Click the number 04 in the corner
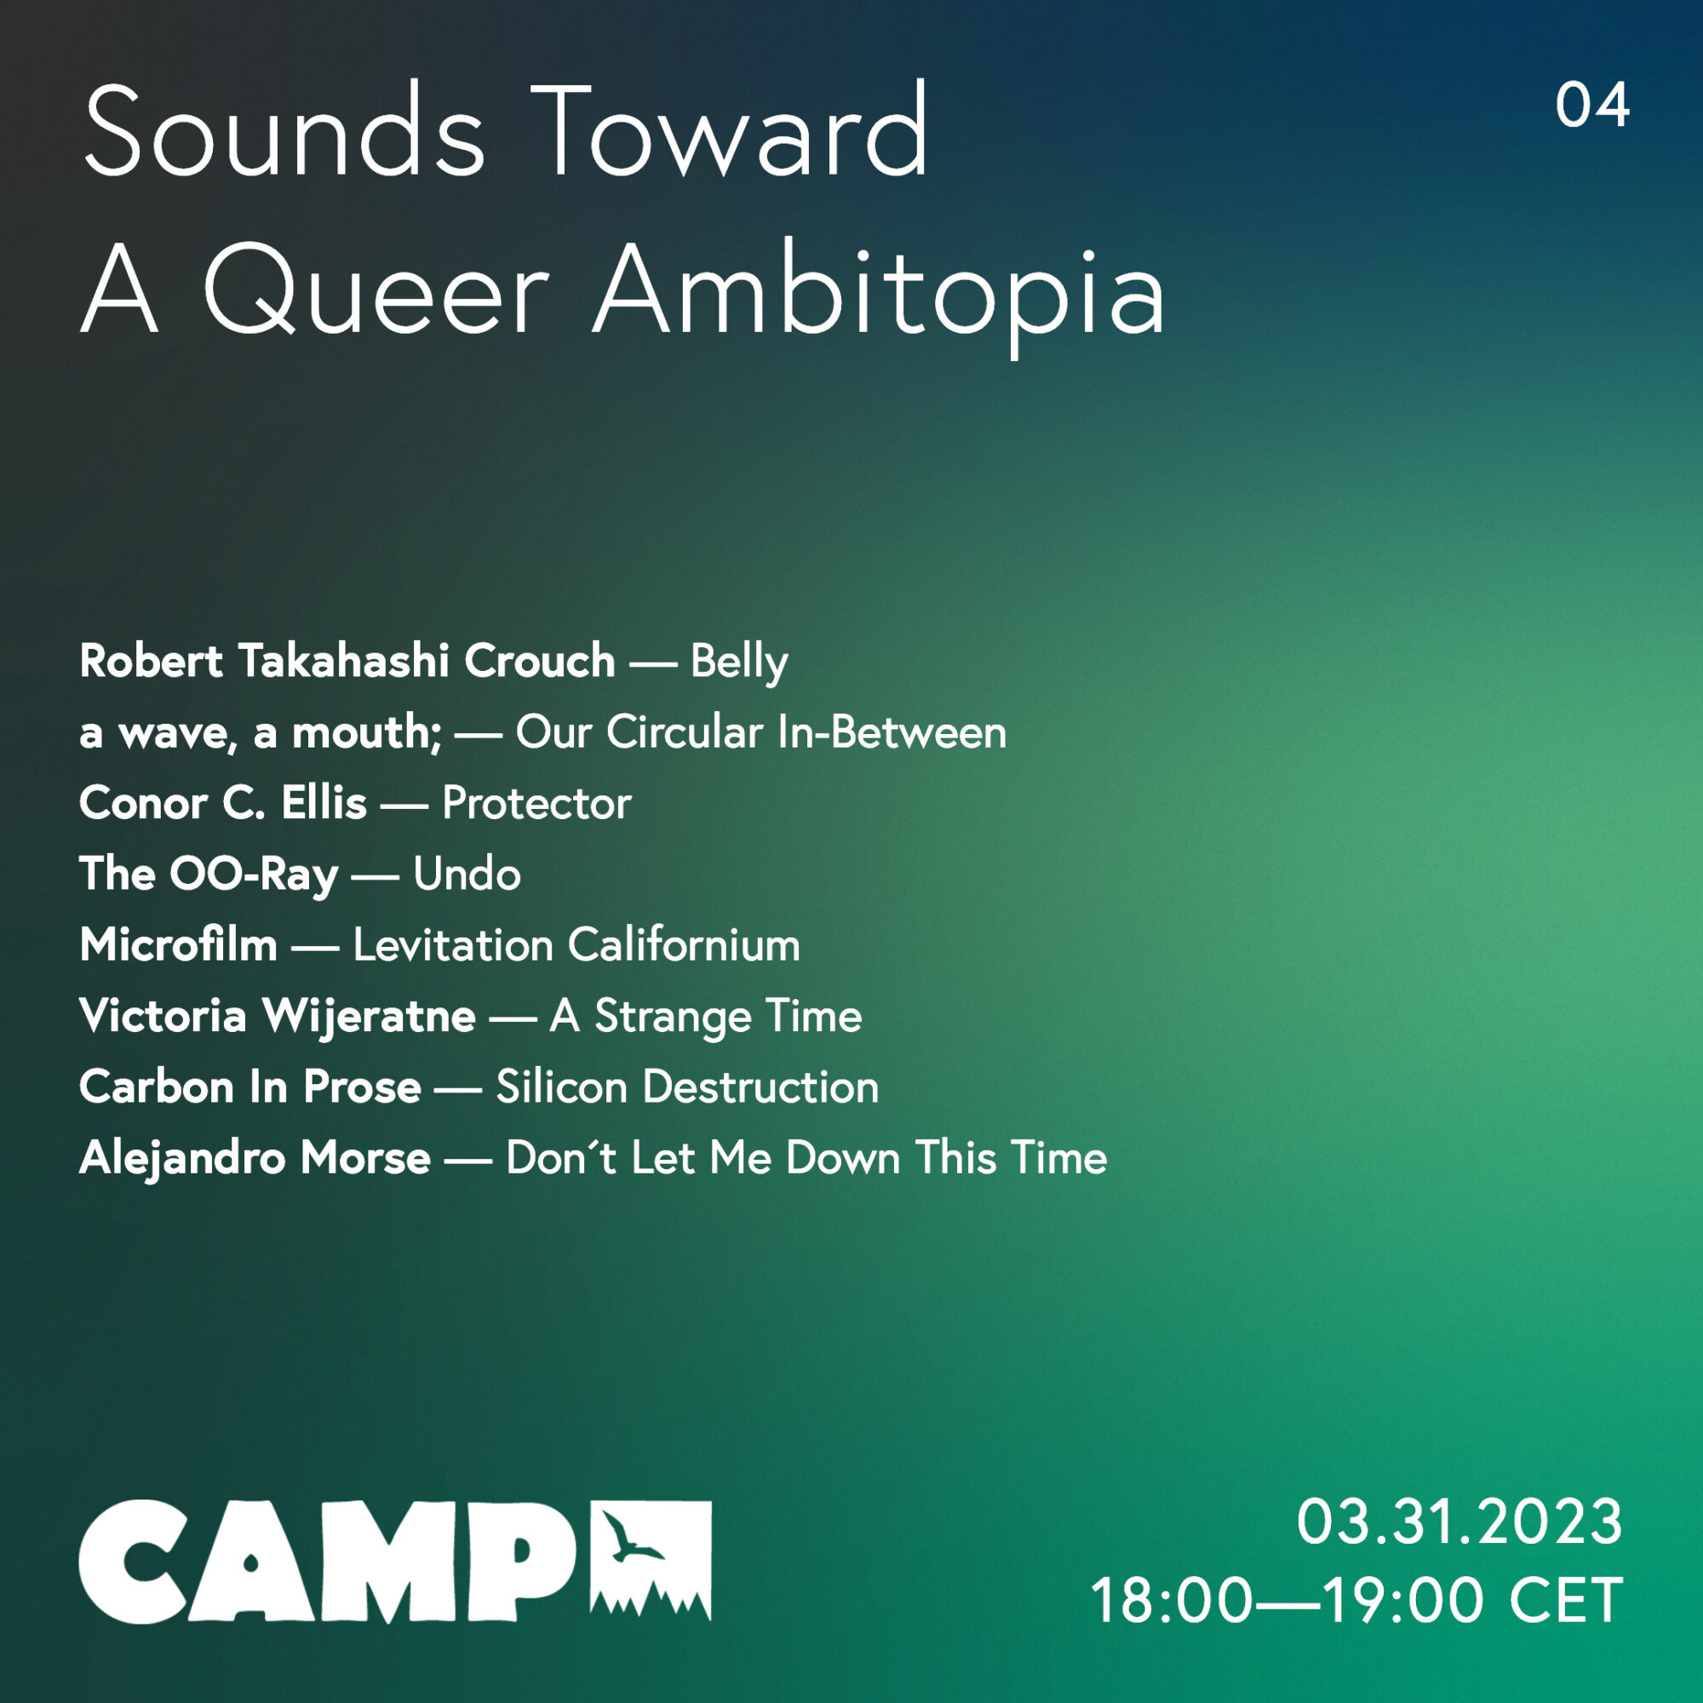pos(1592,106)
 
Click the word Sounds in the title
pos(284,130)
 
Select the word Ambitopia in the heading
pos(878,295)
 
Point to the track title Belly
pos(738,662)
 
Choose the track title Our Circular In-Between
pos(760,731)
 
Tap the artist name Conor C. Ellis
pos(223,803)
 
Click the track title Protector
pos(536,803)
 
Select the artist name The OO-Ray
pos(209,874)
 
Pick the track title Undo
pos(467,874)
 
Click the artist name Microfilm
pos(179,945)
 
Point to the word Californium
pos(684,945)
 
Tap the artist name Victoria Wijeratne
pos(278,1017)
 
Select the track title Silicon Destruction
pos(687,1087)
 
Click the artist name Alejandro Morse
pos(255,1158)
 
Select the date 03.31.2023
pos(1459,1522)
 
